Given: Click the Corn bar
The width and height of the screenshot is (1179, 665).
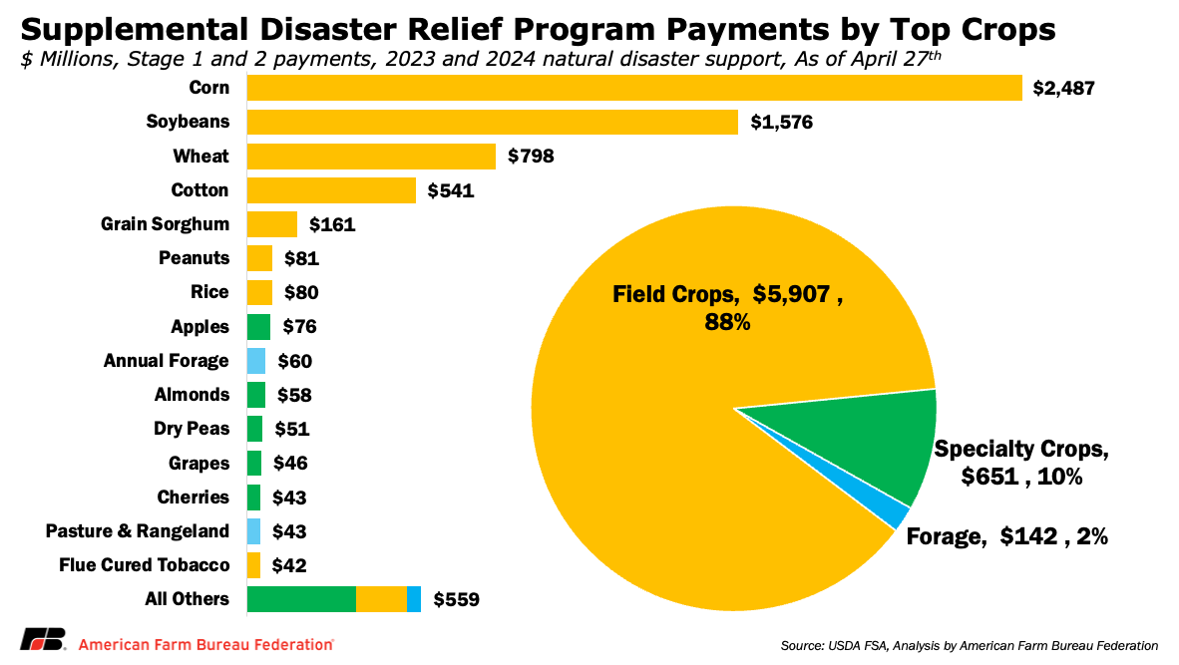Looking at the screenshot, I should pyautogui.click(x=634, y=88).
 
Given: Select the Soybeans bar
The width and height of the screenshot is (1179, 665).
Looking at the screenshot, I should pyautogui.click(x=492, y=123).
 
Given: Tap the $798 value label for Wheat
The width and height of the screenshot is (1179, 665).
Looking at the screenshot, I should pyautogui.click(x=531, y=157).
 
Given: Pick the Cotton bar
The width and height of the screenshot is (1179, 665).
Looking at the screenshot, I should pyautogui.click(x=331, y=190).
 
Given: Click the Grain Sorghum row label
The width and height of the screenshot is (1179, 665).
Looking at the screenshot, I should pyautogui.click(x=166, y=224).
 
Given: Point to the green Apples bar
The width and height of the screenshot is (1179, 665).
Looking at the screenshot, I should pyautogui.click(x=258, y=327).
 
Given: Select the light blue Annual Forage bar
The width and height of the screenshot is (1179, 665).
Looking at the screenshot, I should pyautogui.click(x=256, y=361).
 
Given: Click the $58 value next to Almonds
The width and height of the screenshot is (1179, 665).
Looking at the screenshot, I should pyautogui.click(x=295, y=396).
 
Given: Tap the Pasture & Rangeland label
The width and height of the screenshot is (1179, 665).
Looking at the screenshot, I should pyautogui.click(x=138, y=531).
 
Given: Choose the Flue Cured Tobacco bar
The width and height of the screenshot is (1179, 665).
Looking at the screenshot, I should pyautogui.click(x=253, y=565).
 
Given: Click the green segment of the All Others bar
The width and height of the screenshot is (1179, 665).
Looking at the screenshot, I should pyautogui.click(x=301, y=599).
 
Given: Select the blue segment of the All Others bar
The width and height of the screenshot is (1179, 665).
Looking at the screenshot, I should pyautogui.click(x=414, y=599).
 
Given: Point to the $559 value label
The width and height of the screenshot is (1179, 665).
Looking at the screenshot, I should pyautogui.click(x=457, y=600).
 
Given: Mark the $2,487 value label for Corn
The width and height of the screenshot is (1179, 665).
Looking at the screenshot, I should pyautogui.click(x=1065, y=89).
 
